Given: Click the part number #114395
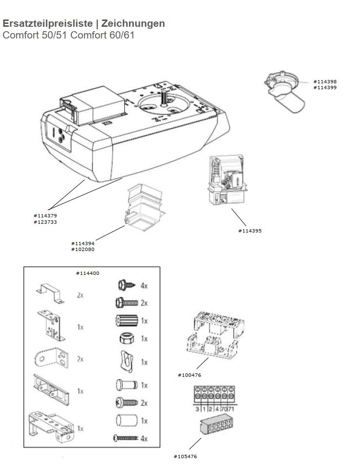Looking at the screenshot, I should tap(249, 231).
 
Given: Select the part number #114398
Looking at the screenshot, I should tap(324, 81).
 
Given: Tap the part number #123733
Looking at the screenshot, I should tap(45, 221).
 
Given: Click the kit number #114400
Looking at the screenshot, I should tap(87, 273).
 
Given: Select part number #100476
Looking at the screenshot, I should tap(189, 375).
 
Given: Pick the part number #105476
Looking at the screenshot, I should tap(185, 456).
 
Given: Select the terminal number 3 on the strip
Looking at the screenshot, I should tap(198, 409).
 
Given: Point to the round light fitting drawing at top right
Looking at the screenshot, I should tap(284, 92).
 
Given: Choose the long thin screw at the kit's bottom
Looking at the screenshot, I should tap(125, 438).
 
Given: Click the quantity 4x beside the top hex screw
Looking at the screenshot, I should tap(144, 286).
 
